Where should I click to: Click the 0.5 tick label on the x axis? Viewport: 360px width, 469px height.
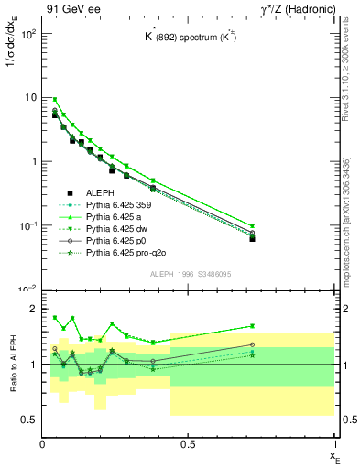189,443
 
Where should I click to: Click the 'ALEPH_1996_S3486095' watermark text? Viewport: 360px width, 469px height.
189,275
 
